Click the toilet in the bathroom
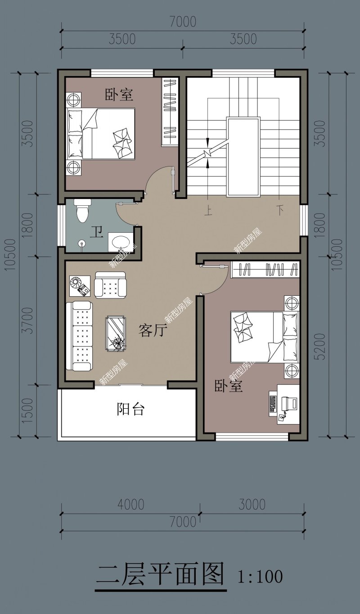point(82,211)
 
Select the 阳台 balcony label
point(130,409)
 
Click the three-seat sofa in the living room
point(79,336)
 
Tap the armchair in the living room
point(110,285)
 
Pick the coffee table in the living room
point(116,334)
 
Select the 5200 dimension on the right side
point(320,347)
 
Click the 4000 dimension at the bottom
point(130,505)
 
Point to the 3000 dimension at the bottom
point(252,505)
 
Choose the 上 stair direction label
point(209,211)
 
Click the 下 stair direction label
point(280,210)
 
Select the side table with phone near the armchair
point(80,286)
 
